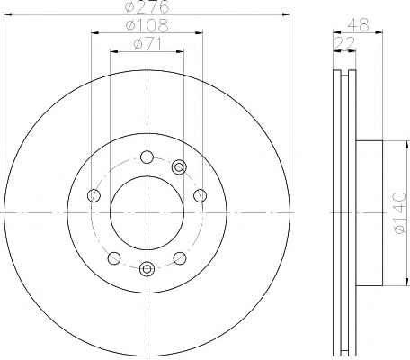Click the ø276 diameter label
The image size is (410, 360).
(147, 6)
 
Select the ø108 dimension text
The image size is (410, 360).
(147, 25)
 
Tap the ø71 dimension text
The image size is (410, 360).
(147, 44)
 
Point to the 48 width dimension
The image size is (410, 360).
(358, 25)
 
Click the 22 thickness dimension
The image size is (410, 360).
(344, 44)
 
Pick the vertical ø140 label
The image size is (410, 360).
(400, 213)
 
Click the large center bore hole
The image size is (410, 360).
(147, 212)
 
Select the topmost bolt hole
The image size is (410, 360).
(147, 157)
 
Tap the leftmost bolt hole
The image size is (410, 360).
(94, 195)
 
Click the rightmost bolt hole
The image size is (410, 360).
(200, 195)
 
